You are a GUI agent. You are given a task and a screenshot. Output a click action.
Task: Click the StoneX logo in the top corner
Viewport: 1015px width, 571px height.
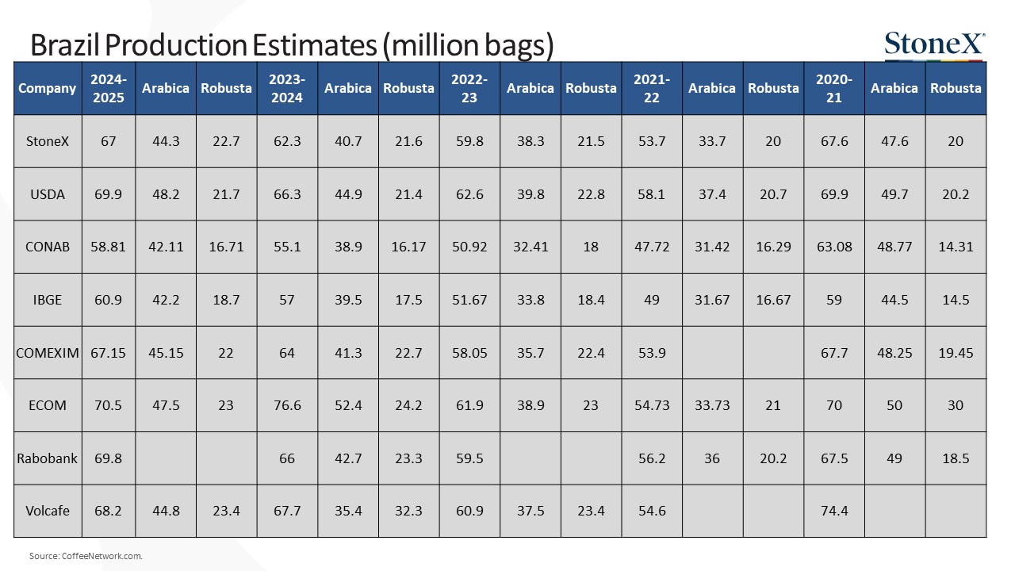point(935,45)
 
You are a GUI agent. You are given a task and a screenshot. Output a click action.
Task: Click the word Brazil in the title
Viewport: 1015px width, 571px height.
point(66,45)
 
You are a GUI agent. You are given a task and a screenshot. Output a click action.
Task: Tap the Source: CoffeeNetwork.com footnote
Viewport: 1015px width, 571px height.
point(86,556)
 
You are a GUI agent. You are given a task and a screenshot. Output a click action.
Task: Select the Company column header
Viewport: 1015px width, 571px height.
point(47,88)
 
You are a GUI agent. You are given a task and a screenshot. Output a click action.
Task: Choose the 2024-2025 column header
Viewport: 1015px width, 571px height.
point(109,88)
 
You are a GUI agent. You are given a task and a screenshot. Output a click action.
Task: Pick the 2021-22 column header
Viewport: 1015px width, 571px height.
point(652,88)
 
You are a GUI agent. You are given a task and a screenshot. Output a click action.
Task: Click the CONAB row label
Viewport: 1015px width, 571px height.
point(47,247)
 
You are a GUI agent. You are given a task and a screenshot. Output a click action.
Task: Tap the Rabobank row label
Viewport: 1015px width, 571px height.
point(47,458)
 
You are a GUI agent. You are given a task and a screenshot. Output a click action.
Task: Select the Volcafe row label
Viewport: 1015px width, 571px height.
point(47,511)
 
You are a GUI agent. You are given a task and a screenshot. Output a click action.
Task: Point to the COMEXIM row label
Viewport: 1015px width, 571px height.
point(47,353)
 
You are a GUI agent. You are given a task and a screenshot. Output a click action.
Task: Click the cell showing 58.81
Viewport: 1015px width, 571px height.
point(108,247)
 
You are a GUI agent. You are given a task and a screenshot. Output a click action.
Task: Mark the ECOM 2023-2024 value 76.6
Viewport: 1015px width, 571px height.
point(287,405)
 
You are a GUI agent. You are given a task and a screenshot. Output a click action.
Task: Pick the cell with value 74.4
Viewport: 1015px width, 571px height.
point(834,511)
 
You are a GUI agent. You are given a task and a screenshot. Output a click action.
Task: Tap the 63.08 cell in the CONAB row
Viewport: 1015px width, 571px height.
point(834,247)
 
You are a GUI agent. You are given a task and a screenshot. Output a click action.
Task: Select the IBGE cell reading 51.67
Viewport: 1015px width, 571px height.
point(469,300)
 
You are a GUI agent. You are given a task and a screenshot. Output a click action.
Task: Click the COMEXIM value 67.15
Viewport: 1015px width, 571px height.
point(108,353)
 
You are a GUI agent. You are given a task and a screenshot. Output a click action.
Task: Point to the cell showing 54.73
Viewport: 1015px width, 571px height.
point(652,405)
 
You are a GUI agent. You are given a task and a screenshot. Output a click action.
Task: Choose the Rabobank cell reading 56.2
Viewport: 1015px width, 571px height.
point(652,458)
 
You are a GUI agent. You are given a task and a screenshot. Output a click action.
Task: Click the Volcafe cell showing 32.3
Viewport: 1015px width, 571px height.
point(408,511)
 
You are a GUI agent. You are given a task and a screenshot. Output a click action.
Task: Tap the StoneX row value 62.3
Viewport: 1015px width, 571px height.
point(287,141)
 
